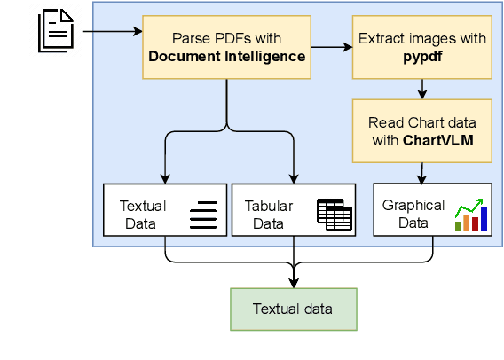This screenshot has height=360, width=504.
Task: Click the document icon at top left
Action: tap(55, 32)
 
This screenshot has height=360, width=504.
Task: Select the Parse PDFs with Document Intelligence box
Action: tap(227, 48)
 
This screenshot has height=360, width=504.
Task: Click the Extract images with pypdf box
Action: tap(422, 48)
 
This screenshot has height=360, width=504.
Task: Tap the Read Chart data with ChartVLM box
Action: tap(422, 130)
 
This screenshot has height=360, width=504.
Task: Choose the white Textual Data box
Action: tap(166, 210)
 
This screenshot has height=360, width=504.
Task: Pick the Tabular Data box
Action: tap(293, 210)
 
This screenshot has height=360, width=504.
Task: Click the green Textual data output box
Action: tap(293, 309)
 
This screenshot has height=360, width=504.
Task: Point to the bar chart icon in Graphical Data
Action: tap(472, 215)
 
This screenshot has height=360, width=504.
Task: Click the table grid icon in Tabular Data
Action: tap(335, 214)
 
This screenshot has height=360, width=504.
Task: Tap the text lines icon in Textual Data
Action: tap(203, 215)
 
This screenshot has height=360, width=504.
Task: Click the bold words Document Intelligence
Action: tap(227, 57)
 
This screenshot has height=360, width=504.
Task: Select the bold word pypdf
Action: tap(422, 57)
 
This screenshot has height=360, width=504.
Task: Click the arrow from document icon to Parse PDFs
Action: tap(112, 32)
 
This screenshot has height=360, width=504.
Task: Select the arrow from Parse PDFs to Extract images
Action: tap(330, 48)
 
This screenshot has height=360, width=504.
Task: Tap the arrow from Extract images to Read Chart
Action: tap(422, 89)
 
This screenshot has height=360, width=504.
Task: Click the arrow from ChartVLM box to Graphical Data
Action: tap(422, 173)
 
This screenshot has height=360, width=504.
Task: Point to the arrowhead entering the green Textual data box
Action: tap(293, 283)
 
